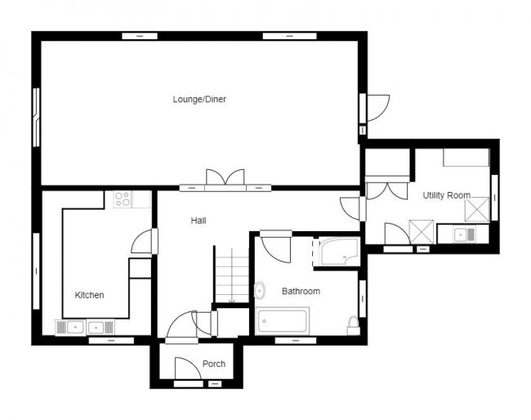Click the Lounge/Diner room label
tap(199, 99)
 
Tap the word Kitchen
tap(89, 295)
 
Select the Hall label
tap(199, 221)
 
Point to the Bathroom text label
tap(301, 291)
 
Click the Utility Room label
tap(447, 195)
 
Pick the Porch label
tap(214, 364)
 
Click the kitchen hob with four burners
tap(123, 199)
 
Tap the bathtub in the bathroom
tap(282, 321)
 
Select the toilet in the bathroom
tap(353, 326)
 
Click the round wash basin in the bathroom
tap(260, 291)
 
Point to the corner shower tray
tap(339, 252)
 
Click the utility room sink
tap(464, 235)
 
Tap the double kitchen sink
tap(85, 328)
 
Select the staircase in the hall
tap(232, 275)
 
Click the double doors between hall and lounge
tap(225, 177)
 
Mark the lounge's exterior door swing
tap(378, 108)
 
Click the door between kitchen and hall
tap(141, 241)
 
